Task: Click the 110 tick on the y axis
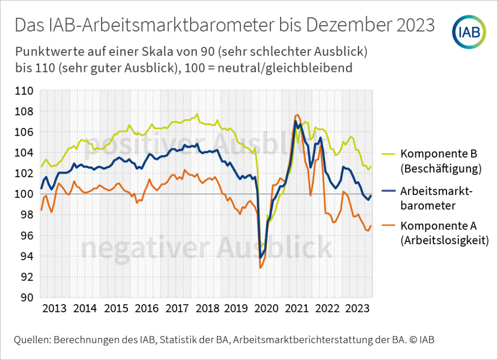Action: coord(24,91)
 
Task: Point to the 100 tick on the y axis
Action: coord(24,195)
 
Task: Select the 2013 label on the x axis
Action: coord(55,309)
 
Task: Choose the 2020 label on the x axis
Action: coord(267,309)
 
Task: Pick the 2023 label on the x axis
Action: coord(357,309)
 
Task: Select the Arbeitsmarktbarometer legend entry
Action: coord(435,198)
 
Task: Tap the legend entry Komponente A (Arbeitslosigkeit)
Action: coord(444,233)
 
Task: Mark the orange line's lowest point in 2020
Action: coord(261,268)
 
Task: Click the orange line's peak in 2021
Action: coord(297,115)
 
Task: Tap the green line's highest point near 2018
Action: coord(197,114)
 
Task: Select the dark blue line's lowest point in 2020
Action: coord(261,258)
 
